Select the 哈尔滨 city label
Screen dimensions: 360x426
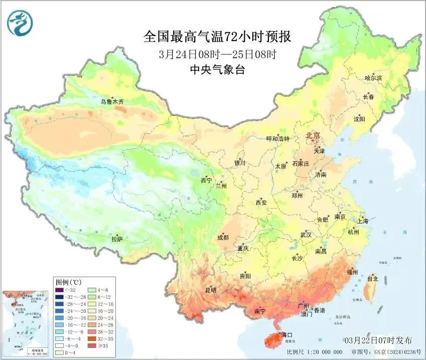373,78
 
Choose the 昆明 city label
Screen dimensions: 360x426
210,290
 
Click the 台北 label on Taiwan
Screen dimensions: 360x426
373,279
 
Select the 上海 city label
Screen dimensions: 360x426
362,221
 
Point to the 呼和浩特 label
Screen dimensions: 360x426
277,139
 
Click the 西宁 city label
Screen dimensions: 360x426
206,180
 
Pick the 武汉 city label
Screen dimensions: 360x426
306,235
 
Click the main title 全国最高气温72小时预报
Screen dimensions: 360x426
217,37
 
